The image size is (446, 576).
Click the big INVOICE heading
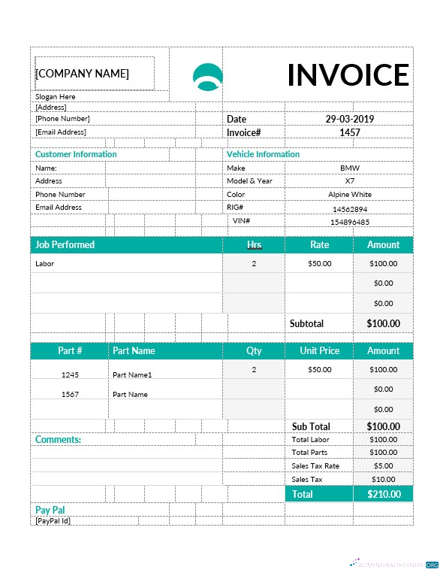pyautogui.click(x=348, y=75)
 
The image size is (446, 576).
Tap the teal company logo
pyautogui.click(x=208, y=77)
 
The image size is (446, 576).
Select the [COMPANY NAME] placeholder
pyautogui.click(x=83, y=74)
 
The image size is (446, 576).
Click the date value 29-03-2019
pyautogui.click(x=349, y=119)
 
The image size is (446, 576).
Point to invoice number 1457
pyautogui.click(x=349, y=132)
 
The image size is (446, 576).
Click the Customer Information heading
pyautogui.click(x=76, y=154)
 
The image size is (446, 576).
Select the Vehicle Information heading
pyautogui.click(x=263, y=154)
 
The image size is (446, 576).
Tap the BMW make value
pyautogui.click(x=349, y=168)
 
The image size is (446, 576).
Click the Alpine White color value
pyautogui.click(x=349, y=195)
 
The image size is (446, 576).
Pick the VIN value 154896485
pyautogui.click(x=349, y=223)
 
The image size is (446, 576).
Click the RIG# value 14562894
pyautogui.click(x=349, y=210)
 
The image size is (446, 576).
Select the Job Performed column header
pyautogui.click(x=65, y=245)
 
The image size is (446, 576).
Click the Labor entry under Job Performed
pyautogui.click(x=45, y=264)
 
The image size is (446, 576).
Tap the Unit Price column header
pyautogui.click(x=319, y=351)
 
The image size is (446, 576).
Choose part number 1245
pyautogui.click(x=70, y=374)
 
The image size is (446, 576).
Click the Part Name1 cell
pyautogui.click(x=132, y=374)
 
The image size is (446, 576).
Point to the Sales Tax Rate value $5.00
pyautogui.click(x=383, y=466)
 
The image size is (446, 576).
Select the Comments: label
pyautogui.click(x=58, y=440)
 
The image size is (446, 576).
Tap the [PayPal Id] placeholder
pyautogui.click(x=53, y=520)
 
